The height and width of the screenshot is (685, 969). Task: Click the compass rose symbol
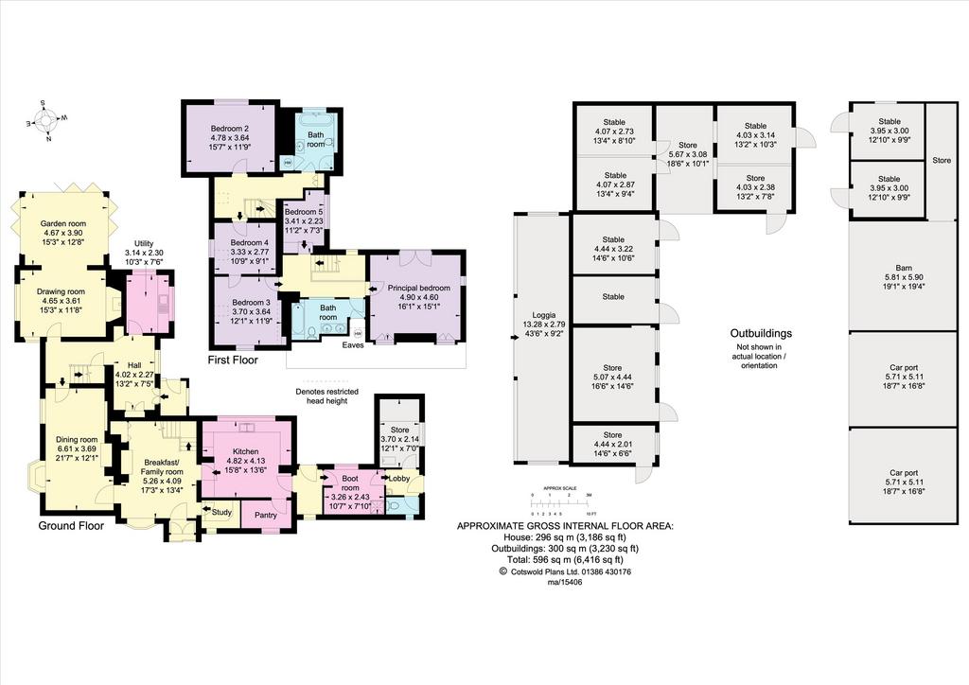point(46,118)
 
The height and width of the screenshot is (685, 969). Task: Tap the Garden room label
point(63,223)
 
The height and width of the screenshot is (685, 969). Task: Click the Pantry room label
point(266,515)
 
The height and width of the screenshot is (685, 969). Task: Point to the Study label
point(221,512)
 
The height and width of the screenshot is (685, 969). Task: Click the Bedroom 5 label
point(304,212)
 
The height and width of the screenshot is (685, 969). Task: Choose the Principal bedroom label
point(418,288)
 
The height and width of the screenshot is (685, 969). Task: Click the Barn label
point(904,268)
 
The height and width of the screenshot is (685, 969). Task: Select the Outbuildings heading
point(761,334)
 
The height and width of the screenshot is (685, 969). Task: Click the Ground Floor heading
point(71,526)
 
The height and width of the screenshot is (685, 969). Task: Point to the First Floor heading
point(233,360)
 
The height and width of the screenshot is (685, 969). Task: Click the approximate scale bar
point(562,501)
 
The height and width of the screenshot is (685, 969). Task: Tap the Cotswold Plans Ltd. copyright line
point(565,572)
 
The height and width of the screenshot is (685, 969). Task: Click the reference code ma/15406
point(565,582)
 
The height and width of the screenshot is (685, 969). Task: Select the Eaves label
point(353,345)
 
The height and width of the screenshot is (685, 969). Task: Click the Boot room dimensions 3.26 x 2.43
point(349,498)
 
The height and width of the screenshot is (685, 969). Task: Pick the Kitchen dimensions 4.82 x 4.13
point(245,461)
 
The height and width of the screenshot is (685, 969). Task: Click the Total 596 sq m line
point(565,559)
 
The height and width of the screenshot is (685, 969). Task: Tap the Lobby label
point(399,478)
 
